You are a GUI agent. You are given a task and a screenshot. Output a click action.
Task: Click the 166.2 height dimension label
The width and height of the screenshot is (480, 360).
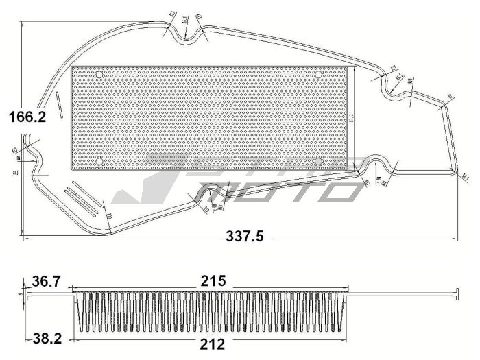point(27,117)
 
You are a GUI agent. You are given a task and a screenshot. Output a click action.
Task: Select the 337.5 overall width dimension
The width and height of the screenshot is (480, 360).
point(245,237)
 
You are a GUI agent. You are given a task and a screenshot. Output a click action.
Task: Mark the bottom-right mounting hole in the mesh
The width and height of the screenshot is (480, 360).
point(320,162)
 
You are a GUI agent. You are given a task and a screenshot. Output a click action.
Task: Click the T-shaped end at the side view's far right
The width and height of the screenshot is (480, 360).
point(455,293)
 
